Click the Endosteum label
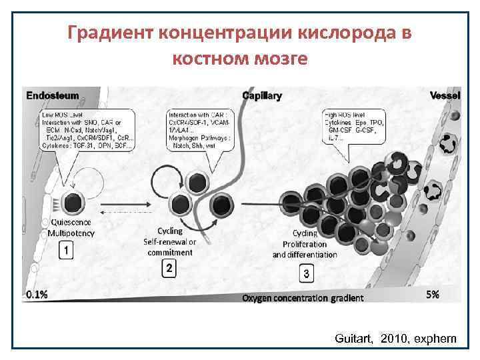(53, 95)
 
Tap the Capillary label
(262, 95)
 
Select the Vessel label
(445, 95)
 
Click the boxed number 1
(65, 251)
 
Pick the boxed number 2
(169, 269)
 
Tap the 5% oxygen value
(432, 294)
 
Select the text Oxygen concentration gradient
(303, 298)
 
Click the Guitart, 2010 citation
(396, 339)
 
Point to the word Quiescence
(70, 223)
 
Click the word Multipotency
(71, 233)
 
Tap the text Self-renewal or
(170, 242)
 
